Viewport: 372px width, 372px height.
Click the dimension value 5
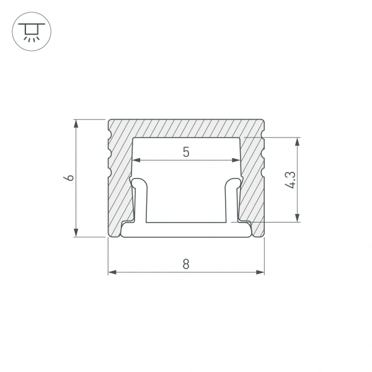186,151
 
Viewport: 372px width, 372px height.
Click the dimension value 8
186,263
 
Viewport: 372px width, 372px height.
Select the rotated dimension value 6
70,177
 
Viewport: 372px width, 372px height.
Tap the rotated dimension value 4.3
290,179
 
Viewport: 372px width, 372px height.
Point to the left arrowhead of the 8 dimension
112,272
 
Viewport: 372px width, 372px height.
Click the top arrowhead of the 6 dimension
76,123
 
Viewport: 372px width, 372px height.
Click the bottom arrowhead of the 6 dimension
76,232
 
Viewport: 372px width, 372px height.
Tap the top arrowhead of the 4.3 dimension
298,141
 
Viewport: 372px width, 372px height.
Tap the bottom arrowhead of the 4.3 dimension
298,218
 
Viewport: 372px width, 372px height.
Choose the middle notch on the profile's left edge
110,151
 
